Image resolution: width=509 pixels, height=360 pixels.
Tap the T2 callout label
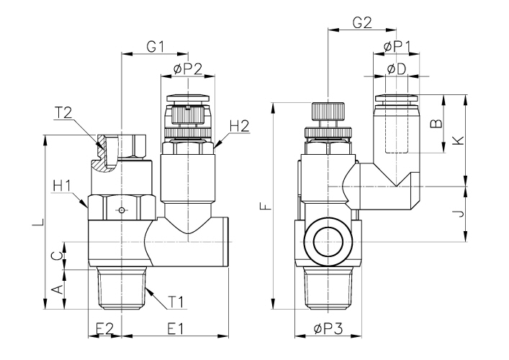(x=63, y=113)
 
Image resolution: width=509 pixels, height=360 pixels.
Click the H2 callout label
(x=239, y=126)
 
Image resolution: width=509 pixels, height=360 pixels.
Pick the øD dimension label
(x=397, y=69)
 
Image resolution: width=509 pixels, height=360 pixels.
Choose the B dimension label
(x=434, y=123)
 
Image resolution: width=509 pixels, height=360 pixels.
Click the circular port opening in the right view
(x=328, y=243)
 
